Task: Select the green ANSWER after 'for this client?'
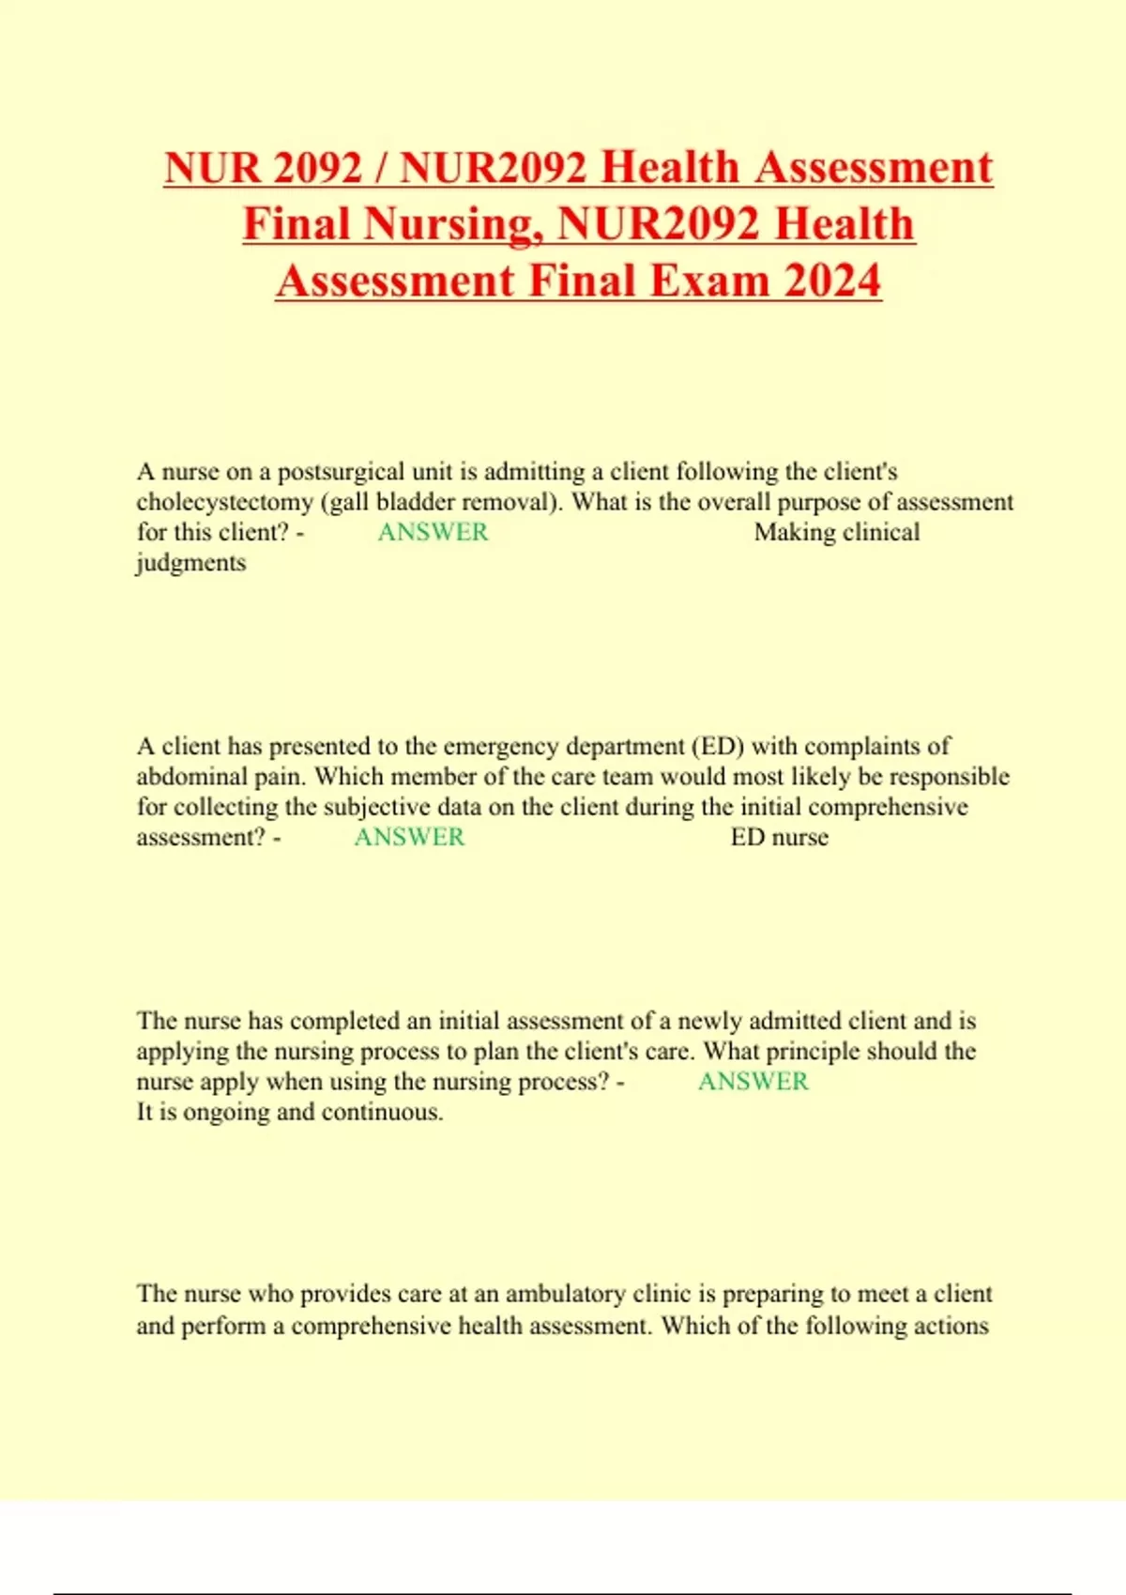pyautogui.click(x=433, y=532)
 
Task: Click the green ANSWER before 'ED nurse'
pyautogui.click(x=409, y=837)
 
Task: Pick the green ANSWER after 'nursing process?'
pyautogui.click(x=753, y=1082)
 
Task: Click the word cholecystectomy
pyautogui.click(x=224, y=502)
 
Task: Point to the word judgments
pyautogui.click(x=191, y=563)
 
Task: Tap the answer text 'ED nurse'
pyautogui.click(x=779, y=837)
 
